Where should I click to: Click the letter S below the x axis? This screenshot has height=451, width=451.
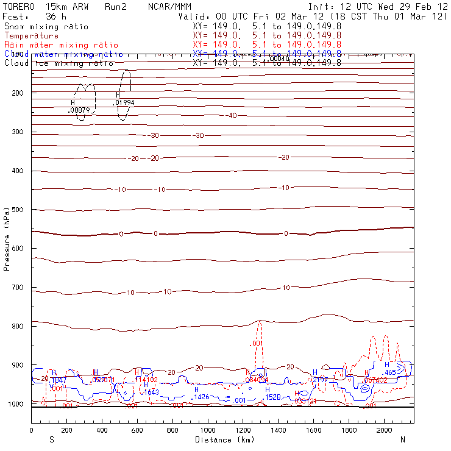click(52, 439)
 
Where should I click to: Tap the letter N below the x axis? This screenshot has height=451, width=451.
click(402, 439)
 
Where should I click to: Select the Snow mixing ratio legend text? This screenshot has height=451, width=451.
click(46, 27)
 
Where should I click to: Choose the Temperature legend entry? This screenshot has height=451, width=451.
click(31, 36)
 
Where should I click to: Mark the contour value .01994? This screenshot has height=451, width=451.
click(124, 102)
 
